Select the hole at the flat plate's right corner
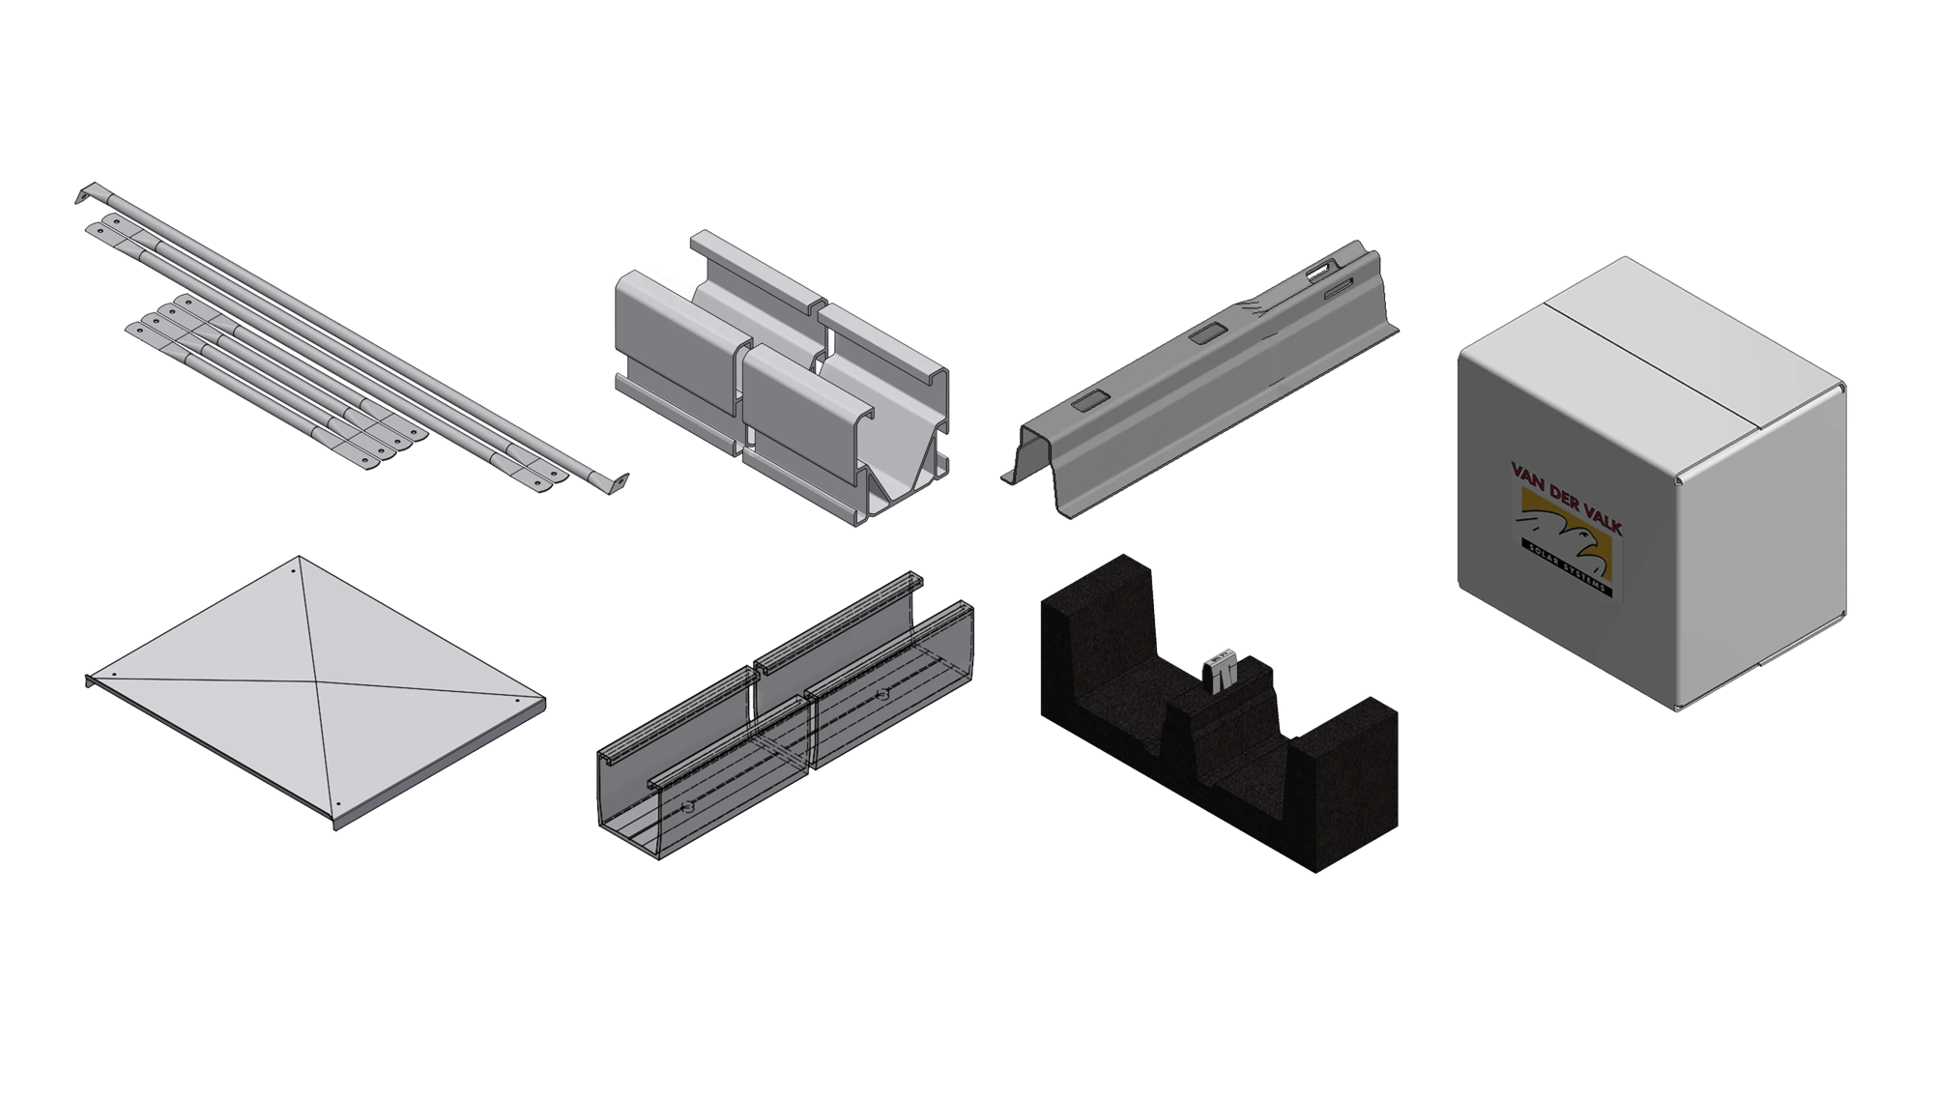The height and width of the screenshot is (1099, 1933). coord(517,700)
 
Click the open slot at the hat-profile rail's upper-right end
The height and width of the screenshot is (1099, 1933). coord(1320,274)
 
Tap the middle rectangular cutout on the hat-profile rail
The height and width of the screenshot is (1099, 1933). coord(1205,334)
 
